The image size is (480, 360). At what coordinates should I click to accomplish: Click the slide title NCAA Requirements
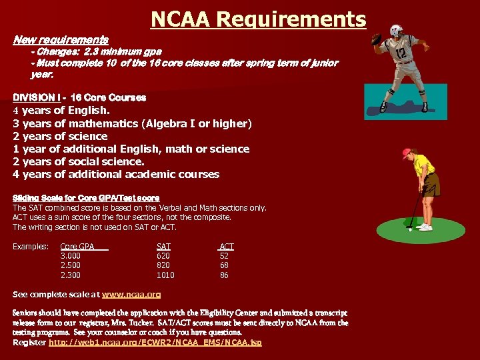click(259, 19)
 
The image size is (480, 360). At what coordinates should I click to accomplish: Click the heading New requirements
click(61, 40)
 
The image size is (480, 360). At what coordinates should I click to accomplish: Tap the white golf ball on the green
click(409, 229)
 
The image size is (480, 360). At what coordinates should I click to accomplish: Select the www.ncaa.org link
click(131, 294)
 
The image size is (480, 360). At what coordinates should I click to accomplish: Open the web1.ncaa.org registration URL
click(155, 342)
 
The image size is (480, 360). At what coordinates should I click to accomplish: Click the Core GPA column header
click(78, 247)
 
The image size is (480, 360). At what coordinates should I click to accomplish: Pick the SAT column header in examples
click(163, 247)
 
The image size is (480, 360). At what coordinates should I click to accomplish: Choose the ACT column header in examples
click(227, 247)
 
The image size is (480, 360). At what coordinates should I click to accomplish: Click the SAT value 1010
click(165, 275)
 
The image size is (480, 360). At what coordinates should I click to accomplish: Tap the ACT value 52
click(225, 255)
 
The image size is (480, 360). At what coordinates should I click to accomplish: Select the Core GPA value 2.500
click(71, 265)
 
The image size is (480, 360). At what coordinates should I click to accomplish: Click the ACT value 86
click(225, 275)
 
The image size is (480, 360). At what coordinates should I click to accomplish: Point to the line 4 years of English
click(61, 111)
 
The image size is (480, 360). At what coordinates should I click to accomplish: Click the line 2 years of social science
click(78, 161)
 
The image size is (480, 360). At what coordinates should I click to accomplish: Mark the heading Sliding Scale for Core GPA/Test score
click(86, 198)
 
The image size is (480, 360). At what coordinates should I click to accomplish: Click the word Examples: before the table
click(31, 247)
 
